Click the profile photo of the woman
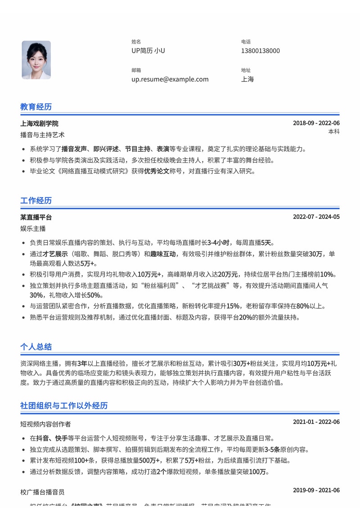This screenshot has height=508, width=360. pyautogui.click(x=36, y=60)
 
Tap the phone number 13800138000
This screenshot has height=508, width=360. pyautogui.click(x=260, y=51)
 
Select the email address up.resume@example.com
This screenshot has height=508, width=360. pyautogui.click(x=170, y=79)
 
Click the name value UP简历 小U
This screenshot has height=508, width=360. pyautogui.click(x=148, y=51)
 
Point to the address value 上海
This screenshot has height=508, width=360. pyautogui.click(x=247, y=79)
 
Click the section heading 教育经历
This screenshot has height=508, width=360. pyautogui.click(x=36, y=107)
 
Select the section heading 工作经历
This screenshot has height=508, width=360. pyautogui.click(x=36, y=201)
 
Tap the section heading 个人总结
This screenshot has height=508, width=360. pyautogui.click(x=36, y=347)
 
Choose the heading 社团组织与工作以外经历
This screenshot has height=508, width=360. pyautogui.click(x=64, y=406)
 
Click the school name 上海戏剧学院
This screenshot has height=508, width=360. pyautogui.click(x=39, y=124)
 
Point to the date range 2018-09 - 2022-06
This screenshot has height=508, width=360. pyautogui.click(x=316, y=124)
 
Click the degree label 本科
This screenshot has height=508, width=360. pyautogui.click(x=333, y=132)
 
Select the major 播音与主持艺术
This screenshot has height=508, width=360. pyautogui.click(x=42, y=134)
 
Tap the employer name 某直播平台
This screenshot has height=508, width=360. pyautogui.click(x=36, y=217)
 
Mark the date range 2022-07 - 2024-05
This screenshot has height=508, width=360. pyautogui.click(x=316, y=217)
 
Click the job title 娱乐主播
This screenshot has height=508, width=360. pyautogui.click(x=33, y=228)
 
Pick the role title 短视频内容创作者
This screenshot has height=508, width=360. pyautogui.click(x=45, y=424)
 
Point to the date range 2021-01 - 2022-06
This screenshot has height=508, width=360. pyautogui.click(x=316, y=422)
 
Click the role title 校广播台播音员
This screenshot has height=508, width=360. pyautogui.click(x=42, y=492)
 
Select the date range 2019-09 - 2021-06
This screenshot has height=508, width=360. pyautogui.click(x=316, y=490)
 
